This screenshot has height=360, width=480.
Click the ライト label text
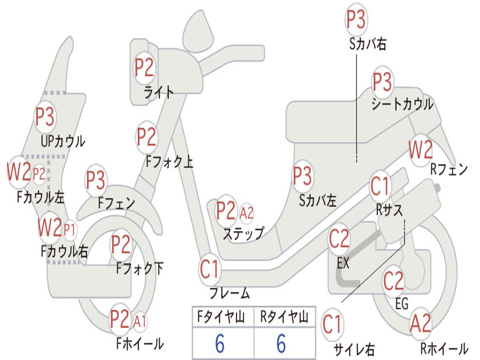click(159, 93)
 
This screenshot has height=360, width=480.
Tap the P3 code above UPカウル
click(45, 117)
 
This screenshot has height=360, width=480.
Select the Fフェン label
click(116, 203)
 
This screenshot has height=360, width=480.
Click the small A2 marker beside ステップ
click(247, 212)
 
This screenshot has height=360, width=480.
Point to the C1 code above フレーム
click(210, 269)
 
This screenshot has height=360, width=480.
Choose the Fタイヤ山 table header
click(221, 317)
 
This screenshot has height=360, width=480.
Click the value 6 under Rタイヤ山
click(282, 344)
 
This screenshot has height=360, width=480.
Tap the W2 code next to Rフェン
click(421, 150)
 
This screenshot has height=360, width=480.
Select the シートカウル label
click(402, 104)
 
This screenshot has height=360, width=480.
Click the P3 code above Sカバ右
click(356, 19)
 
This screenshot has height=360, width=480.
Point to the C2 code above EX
click(339, 239)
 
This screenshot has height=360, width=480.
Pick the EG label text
click(402, 304)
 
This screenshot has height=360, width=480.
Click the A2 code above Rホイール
click(420, 323)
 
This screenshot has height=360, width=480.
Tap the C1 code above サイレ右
click(331, 324)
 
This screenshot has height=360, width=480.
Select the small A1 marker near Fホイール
click(140, 322)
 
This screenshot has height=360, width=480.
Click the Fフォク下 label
click(140, 269)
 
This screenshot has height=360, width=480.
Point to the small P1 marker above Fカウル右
click(69, 230)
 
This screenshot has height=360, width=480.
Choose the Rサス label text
click(390, 210)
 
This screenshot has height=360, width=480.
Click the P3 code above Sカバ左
click(302, 176)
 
